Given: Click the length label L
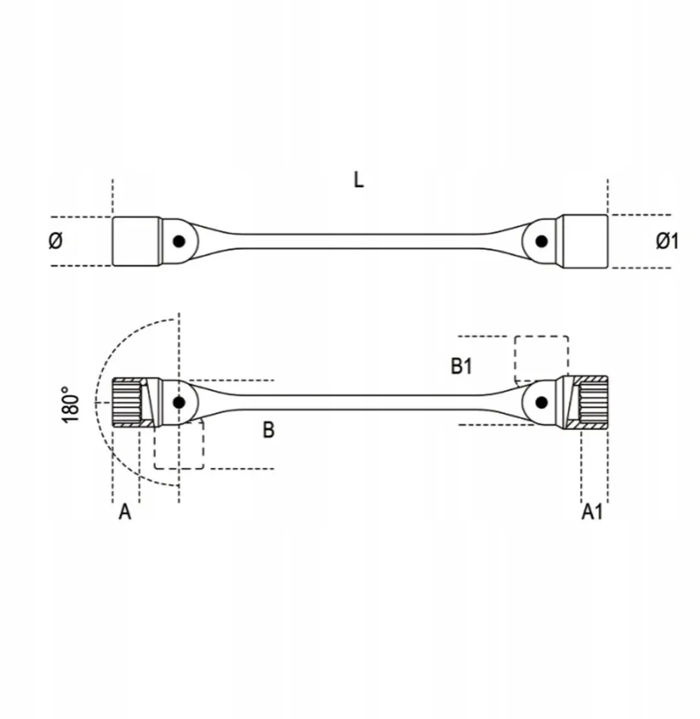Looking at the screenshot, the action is [x=358, y=180].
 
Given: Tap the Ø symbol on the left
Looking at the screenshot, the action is [x=56, y=240].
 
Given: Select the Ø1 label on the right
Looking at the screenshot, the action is [x=666, y=241].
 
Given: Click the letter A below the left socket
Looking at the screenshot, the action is [x=124, y=512].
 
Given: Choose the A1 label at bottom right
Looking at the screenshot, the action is [x=592, y=512].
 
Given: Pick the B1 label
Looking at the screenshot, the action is [x=461, y=366].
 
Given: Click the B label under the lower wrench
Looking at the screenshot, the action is [x=268, y=430].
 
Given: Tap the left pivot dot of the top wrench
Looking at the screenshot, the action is [x=179, y=241].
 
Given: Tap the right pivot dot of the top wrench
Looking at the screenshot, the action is [x=541, y=241].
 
